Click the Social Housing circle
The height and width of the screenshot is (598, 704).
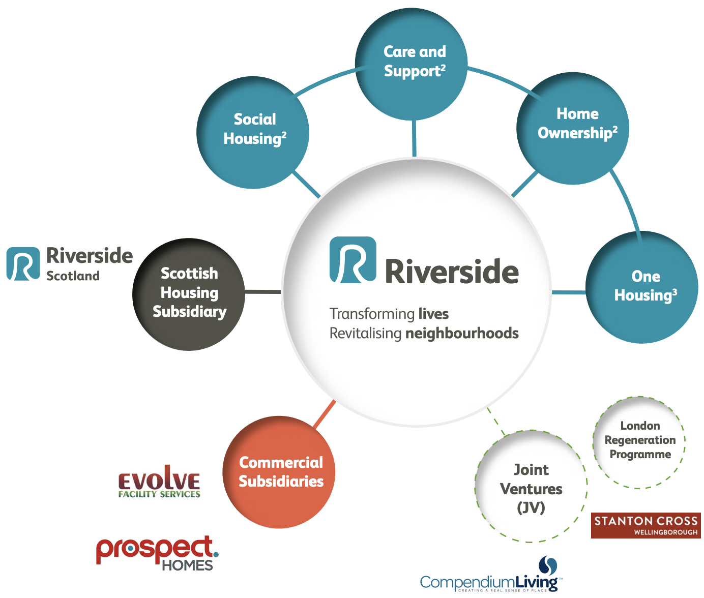[x=253, y=133]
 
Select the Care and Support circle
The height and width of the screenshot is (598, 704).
[x=411, y=64]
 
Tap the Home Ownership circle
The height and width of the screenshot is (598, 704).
[x=573, y=128]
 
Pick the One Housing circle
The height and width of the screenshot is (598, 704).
[x=642, y=287]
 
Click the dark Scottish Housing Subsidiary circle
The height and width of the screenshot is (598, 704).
[x=189, y=294]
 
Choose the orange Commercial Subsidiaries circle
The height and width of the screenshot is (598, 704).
[x=279, y=472]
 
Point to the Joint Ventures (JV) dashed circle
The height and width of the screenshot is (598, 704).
[x=531, y=487]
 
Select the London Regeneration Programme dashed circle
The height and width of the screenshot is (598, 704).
[x=639, y=441]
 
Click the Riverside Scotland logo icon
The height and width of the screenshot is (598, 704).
[x=23, y=264]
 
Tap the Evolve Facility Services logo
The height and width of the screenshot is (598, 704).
[x=159, y=483]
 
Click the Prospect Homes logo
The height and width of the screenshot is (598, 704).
[x=157, y=553]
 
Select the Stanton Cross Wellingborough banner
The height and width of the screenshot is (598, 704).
[x=646, y=525]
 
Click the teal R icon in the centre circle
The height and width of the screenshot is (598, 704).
[x=353, y=260]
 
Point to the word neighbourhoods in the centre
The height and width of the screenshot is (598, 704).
[x=462, y=334]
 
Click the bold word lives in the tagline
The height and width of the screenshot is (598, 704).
[x=433, y=314]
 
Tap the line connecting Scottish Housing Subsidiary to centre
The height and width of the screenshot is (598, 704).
[x=263, y=292]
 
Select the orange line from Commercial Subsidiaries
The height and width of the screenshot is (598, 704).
[x=324, y=414]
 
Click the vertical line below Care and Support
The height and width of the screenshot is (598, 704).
[x=414, y=138]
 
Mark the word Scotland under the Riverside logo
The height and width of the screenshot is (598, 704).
[x=73, y=276]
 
